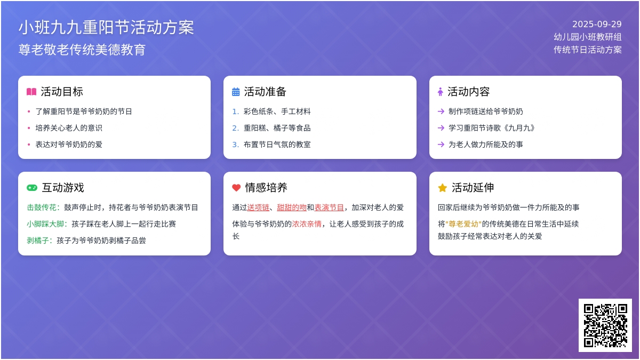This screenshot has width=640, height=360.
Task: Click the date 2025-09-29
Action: coord(597,25)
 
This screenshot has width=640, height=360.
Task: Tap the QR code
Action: coord(605,325)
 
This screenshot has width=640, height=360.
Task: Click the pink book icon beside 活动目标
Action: coord(31,92)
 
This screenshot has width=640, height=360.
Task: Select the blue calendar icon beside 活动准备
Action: coord(236,92)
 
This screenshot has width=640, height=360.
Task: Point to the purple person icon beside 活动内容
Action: coord(441,92)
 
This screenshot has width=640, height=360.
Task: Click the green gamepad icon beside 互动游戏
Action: coord(32,188)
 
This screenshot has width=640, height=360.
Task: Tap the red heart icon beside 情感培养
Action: coord(236,188)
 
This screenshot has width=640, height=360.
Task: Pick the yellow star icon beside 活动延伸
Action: coord(442,188)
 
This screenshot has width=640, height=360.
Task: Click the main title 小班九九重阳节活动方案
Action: coord(106,28)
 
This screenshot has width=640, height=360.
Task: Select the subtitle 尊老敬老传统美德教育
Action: coord(82,50)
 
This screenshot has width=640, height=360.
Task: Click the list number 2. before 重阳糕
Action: coord(235,128)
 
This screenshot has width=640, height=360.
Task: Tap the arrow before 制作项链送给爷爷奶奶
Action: coord(441,111)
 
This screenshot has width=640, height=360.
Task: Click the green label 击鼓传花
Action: coord(42,207)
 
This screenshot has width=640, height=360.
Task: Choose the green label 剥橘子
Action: coord(38,241)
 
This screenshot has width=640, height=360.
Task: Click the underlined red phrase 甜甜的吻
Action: coord(292,207)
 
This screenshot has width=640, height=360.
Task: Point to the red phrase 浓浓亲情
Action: coord(307,224)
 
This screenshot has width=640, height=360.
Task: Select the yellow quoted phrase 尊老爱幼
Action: coord(463,224)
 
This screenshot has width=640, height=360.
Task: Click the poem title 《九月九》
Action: coord(519,128)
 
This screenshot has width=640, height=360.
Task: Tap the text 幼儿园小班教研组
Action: coord(587,37)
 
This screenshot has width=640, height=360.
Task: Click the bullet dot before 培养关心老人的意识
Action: coord(29,128)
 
